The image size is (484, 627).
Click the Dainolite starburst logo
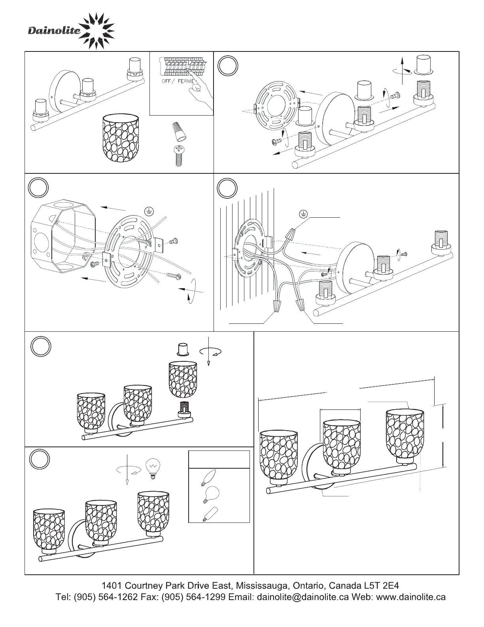[96, 30]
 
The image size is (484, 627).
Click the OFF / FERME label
[178, 82]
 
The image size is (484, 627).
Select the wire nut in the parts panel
[178, 132]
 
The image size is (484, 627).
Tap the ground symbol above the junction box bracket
[148, 211]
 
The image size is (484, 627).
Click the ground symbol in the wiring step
[303, 214]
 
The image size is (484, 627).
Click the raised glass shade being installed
[183, 380]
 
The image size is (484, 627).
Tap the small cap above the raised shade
[183, 350]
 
